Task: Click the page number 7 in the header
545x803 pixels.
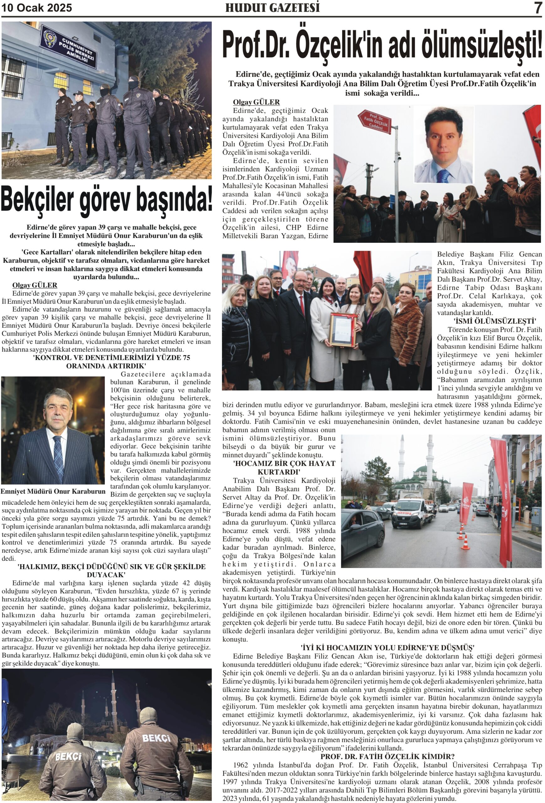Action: (537, 8)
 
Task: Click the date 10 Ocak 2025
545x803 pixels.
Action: (37, 8)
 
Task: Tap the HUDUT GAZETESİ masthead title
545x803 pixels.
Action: (272, 8)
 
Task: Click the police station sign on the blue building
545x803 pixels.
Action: (68, 47)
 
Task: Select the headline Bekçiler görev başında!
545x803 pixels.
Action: (106, 199)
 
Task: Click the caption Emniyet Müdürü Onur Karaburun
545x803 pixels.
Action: (53, 491)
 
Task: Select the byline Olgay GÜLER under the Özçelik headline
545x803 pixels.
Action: (256, 102)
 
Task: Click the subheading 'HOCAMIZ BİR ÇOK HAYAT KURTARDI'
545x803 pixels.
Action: (284, 467)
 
